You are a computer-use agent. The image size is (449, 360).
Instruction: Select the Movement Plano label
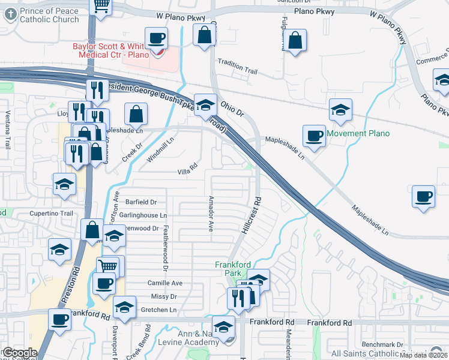358,133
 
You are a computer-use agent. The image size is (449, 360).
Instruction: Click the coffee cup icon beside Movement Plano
313,136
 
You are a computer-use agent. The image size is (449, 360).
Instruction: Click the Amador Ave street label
211,214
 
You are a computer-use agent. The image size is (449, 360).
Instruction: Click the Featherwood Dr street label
163,248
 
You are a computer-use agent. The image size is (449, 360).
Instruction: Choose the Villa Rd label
188,171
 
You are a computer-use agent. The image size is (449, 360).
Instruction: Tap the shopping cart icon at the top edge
101,5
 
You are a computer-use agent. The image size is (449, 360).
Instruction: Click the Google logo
20,353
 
